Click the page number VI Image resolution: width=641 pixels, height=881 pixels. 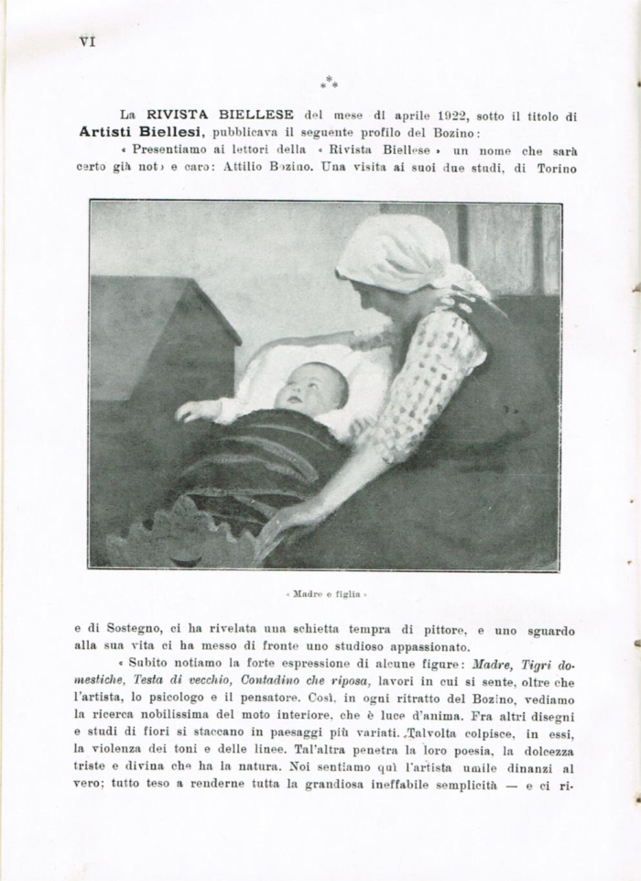pyautogui.click(x=88, y=41)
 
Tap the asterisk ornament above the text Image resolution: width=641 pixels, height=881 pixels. pyautogui.click(x=329, y=83)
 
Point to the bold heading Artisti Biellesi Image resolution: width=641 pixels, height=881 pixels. pyautogui.click(x=127, y=131)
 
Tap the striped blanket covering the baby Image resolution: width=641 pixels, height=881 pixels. pyautogui.click(x=256, y=458)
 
